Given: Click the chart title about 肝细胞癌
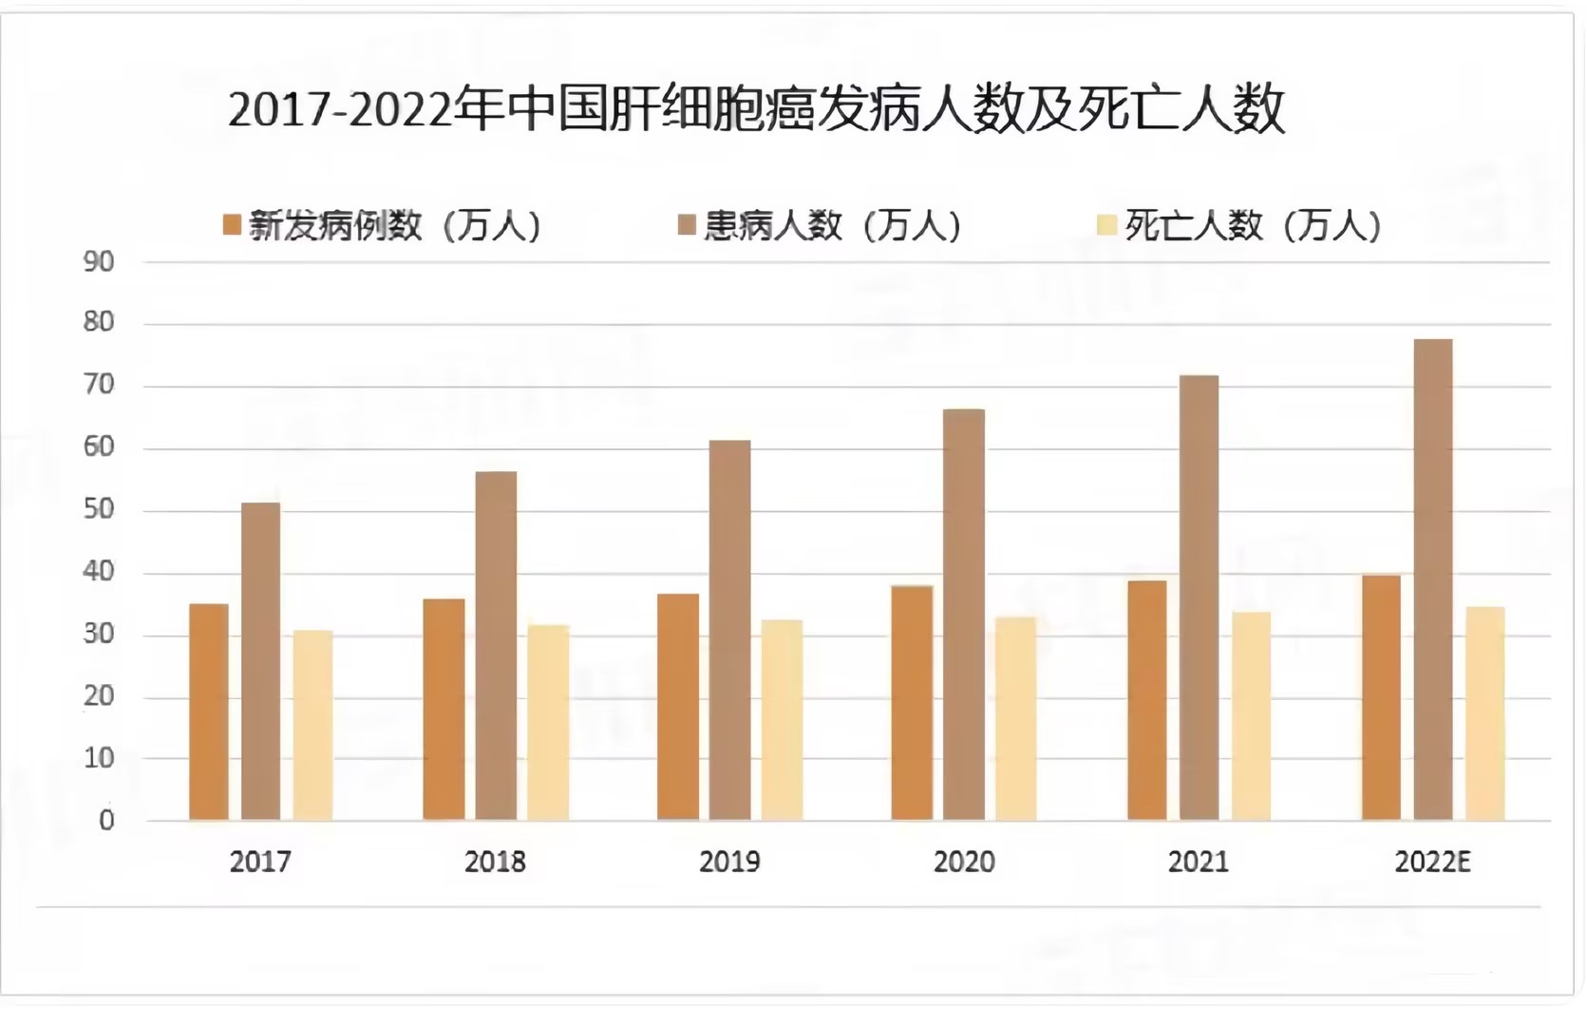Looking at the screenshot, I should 756,110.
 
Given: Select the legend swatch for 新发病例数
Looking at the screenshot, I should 232,225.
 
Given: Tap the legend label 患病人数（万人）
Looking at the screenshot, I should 832,226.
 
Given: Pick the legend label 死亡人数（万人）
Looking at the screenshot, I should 1252,226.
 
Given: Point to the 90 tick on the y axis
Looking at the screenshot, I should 99,262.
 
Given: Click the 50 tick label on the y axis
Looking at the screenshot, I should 99,510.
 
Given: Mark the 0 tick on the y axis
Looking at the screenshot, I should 106,821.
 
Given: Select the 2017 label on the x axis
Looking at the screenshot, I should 260,862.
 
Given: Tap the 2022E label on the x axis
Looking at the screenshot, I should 1432,862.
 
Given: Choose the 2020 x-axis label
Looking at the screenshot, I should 964,862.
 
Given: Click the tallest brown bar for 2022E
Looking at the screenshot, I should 1432,579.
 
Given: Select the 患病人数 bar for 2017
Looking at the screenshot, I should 260,661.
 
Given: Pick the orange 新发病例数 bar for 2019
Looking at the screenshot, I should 678,707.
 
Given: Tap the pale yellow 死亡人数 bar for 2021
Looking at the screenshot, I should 1251,715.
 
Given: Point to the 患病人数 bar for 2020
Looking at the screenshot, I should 964,615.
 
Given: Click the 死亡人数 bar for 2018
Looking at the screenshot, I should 548,722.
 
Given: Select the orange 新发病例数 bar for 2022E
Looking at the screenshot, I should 1381,697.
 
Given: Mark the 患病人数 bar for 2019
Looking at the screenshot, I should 729,630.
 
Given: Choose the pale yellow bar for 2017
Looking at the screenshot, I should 312,725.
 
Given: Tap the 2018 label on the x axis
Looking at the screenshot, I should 495,862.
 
